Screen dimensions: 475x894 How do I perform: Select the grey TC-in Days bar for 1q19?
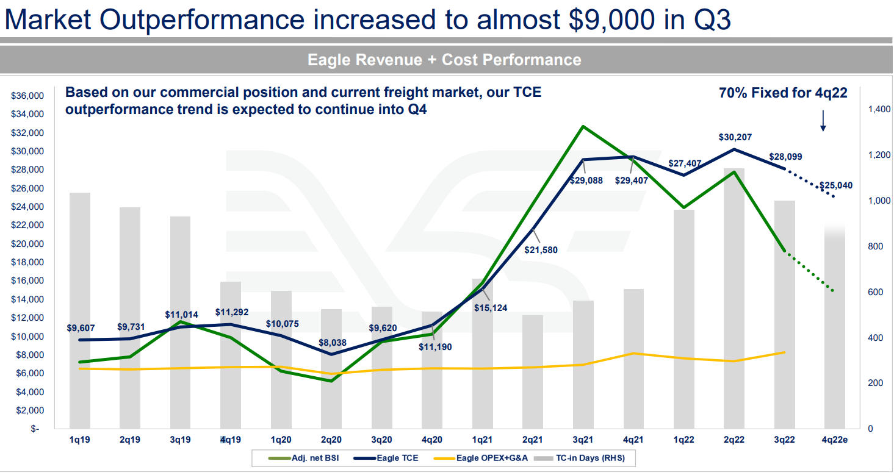80,311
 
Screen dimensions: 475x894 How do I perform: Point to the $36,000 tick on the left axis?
28,96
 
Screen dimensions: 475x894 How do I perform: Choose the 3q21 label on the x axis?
583,439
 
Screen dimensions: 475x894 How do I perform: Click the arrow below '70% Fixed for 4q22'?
823,121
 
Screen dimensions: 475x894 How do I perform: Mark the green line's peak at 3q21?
583,126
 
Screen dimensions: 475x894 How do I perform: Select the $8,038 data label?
332,343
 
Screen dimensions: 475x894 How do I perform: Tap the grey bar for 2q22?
734,299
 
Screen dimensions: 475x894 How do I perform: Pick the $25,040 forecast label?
835,185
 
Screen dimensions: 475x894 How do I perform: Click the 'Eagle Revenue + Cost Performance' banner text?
444,60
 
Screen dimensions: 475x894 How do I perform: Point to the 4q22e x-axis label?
834,439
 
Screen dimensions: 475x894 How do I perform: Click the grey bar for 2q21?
533,372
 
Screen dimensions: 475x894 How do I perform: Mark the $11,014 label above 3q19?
181,315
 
